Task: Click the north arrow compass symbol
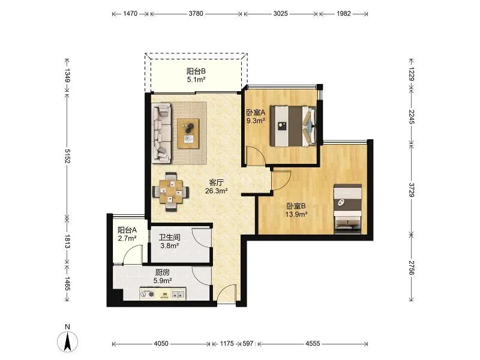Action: tap(67, 340)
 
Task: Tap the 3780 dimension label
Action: tap(196, 13)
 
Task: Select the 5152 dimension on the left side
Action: tap(67, 156)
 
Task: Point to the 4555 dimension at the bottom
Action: tap(313, 343)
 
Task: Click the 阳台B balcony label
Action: tap(196, 71)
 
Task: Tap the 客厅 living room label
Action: tap(216, 183)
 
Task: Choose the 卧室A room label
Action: tap(256, 112)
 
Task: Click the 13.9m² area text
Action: tap(296, 214)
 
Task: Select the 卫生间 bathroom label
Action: tap(170, 237)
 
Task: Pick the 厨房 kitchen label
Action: tap(163, 272)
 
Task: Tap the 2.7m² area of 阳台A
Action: tap(127, 238)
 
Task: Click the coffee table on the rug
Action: tap(188, 134)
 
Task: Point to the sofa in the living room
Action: tap(161, 133)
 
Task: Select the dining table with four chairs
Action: tap(171, 191)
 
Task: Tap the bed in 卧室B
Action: tap(347, 209)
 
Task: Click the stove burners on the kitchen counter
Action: tap(147, 294)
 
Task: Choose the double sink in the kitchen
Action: tap(178, 294)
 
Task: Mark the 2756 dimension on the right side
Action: tap(412, 268)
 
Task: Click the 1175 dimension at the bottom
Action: tap(227, 343)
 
